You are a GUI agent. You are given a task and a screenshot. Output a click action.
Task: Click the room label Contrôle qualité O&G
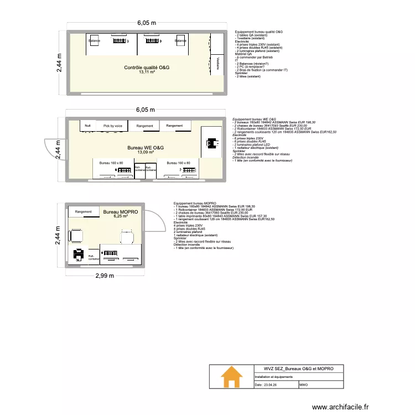point(147,67)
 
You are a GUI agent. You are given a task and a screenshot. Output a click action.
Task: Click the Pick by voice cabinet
point(112,126)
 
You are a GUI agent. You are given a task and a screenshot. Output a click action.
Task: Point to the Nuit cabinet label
point(87,126)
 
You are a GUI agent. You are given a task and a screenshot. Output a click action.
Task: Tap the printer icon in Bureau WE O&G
point(209,144)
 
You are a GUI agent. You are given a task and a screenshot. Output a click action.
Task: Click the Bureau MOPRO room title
point(120,212)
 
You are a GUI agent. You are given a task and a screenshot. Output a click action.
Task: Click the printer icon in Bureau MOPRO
point(77,255)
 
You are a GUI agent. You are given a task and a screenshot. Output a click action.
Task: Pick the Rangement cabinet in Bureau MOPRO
point(84,211)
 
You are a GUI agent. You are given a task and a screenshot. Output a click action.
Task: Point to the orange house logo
point(231,379)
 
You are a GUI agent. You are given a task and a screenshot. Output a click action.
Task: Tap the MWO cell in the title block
point(304,385)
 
